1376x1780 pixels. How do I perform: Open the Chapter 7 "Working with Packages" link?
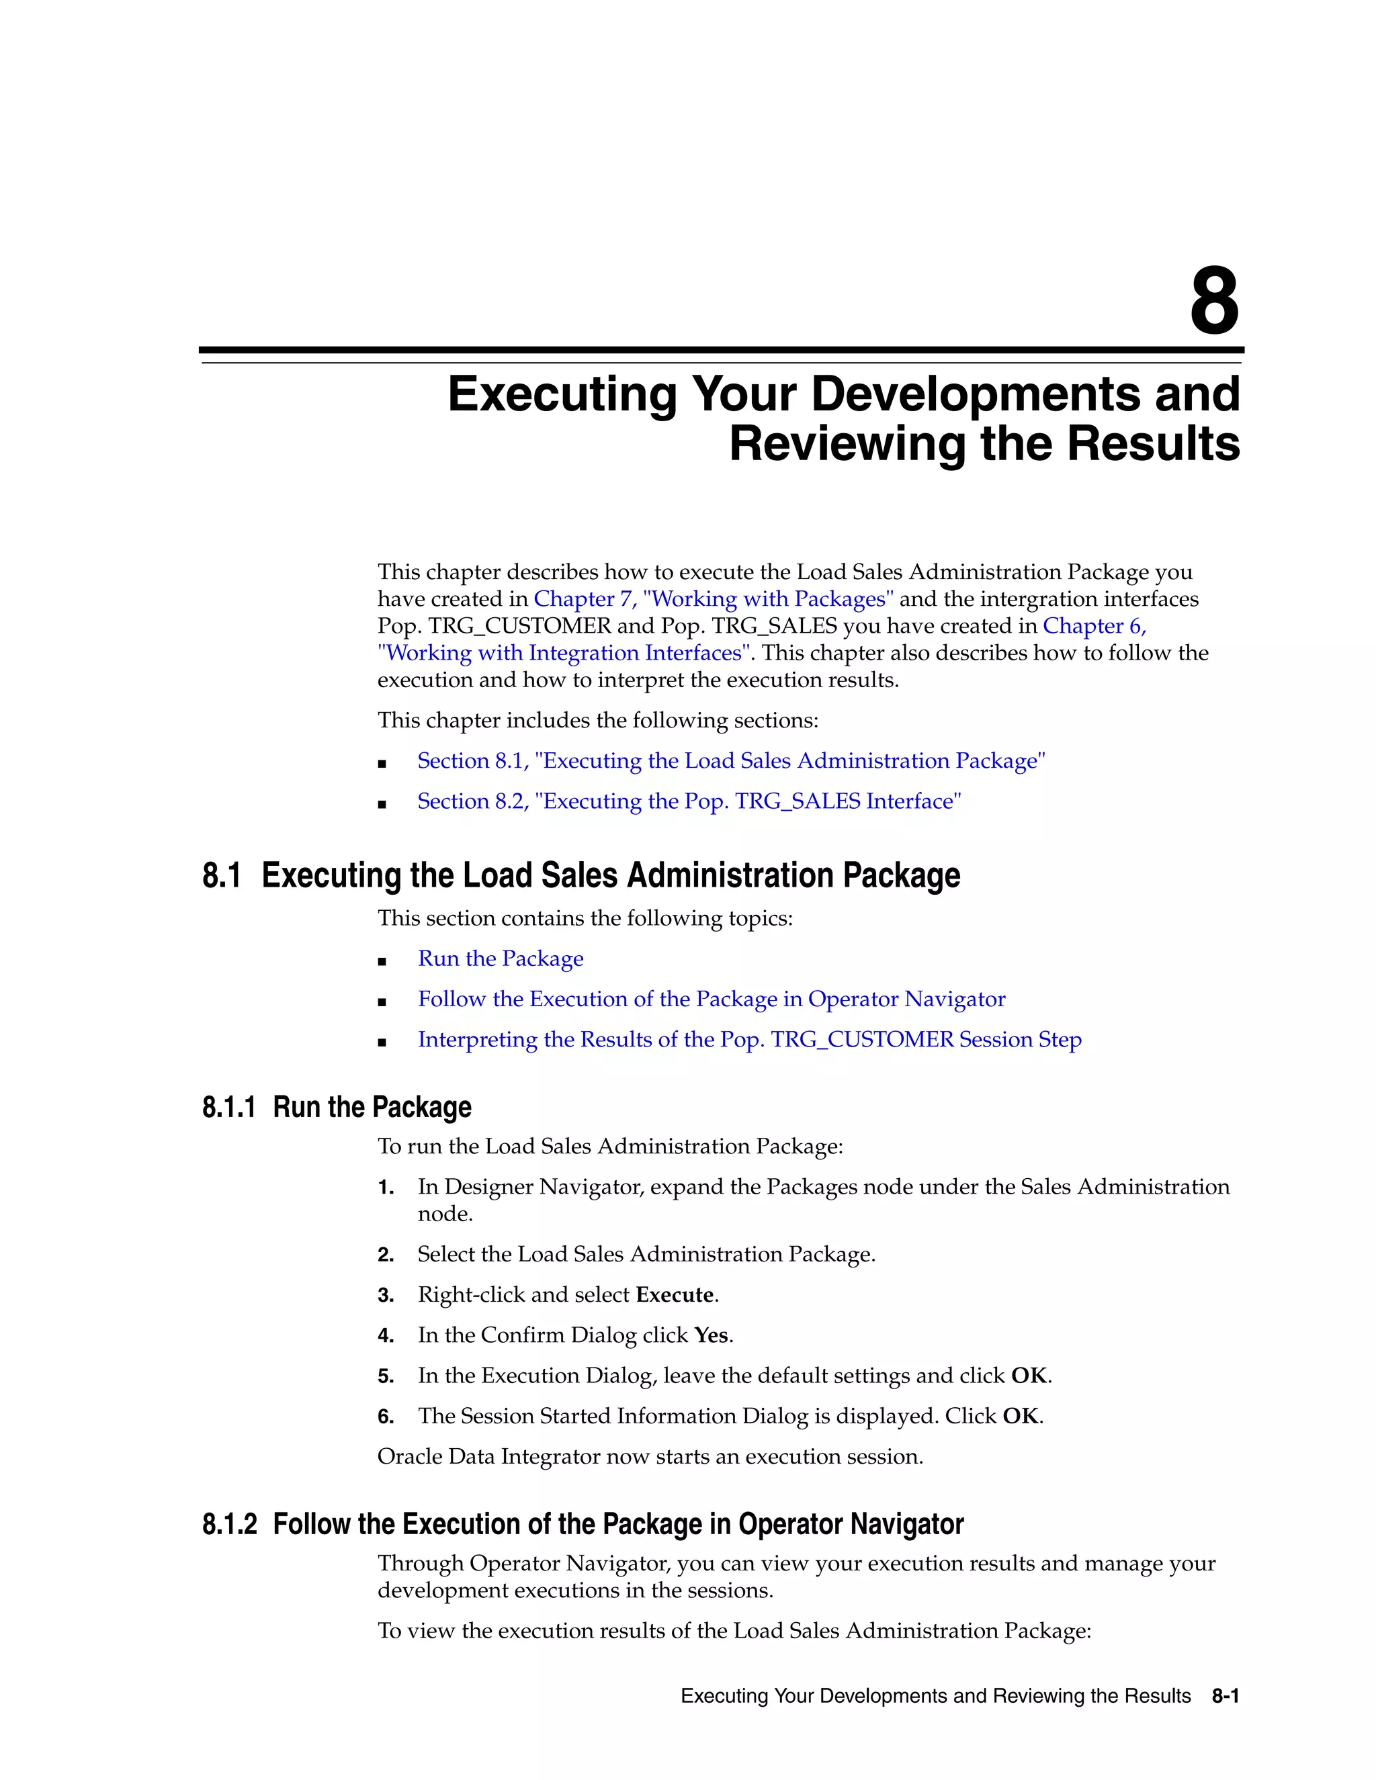(x=714, y=599)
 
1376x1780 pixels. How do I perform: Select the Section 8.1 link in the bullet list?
(x=731, y=760)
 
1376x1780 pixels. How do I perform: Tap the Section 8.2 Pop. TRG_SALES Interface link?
(x=689, y=801)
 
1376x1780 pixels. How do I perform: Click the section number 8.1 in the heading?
(x=222, y=875)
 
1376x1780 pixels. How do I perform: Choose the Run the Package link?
(x=501, y=959)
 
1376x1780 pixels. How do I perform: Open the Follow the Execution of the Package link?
(x=711, y=999)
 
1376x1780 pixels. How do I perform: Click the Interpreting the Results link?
(x=749, y=1040)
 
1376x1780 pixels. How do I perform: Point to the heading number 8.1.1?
(x=229, y=1108)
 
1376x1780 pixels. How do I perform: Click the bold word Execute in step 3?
(x=674, y=1295)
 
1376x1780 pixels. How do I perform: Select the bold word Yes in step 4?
(x=711, y=1336)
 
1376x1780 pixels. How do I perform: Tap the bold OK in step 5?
(x=1029, y=1376)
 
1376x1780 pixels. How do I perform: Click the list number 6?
(x=386, y=1417)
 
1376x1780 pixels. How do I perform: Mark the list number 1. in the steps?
(x=386, y=1188)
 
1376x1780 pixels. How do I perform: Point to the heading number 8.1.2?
(x=229, y=1525)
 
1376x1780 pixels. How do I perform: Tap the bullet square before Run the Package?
(x=382, y=961)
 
